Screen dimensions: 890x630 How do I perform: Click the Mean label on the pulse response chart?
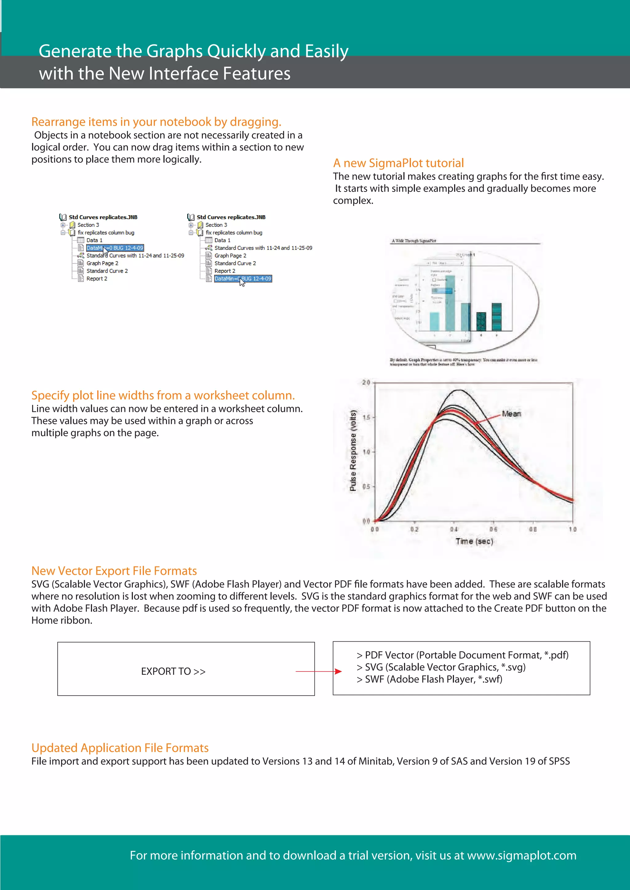point(511,414)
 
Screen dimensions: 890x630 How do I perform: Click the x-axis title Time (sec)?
point(474,541)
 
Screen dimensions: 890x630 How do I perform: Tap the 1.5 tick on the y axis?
point(366,417)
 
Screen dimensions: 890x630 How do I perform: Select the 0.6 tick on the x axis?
point(493,529)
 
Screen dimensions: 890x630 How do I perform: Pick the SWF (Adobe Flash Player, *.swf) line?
point(433,679)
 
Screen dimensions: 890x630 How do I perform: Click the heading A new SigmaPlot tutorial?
point(398,163)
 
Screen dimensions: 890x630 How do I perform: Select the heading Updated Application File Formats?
point(120,748)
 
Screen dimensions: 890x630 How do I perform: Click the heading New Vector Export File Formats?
point(114,571)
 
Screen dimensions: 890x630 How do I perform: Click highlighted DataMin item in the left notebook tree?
point(115,248)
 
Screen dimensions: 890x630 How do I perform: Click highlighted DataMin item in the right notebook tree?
point(243,279)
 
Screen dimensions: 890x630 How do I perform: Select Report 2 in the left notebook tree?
point(97,279)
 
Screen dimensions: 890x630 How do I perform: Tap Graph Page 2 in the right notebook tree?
point(230,255)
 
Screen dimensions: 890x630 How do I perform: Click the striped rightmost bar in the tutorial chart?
point(496,317)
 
